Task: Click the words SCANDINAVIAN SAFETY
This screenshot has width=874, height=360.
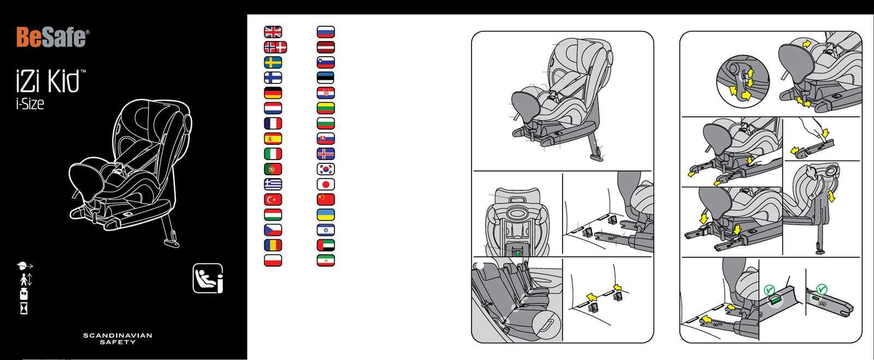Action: tap(117, 339)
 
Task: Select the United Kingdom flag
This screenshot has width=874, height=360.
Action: tap(273, 32)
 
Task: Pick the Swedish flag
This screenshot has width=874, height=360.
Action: tap(273, 62)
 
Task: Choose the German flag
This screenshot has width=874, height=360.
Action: tap(273, 93)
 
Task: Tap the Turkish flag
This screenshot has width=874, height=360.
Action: tap(273, 199)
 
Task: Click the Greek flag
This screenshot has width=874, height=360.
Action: tap(273, 184)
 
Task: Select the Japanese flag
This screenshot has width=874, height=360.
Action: tap(326, 184)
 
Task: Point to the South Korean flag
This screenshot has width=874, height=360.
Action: tap(326, 169)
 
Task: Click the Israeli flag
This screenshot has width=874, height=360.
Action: tap(326, 230)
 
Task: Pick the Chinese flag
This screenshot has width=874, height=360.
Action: tap(326, 199)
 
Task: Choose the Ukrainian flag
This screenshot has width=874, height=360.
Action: tap(326, 215)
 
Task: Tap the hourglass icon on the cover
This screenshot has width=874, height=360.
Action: tap(24, 308)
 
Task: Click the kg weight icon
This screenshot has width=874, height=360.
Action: tap(23, 294)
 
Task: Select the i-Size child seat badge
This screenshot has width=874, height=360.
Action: tap(208, 279)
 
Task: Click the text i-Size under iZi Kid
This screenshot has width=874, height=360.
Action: tap(30, 104)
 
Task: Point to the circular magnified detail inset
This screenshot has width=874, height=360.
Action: tap(743, 81)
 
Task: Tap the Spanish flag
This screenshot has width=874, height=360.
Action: tap(273, 138)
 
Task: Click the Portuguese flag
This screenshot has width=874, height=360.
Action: tap(273, 169)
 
